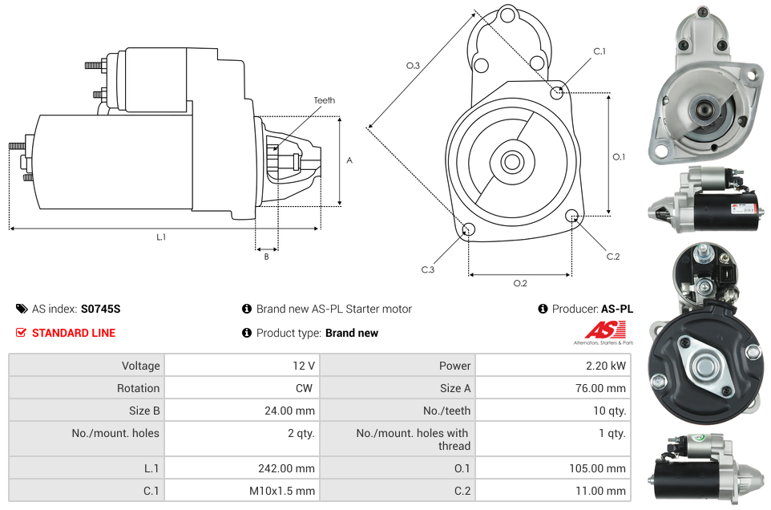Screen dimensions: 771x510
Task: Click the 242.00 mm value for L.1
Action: [286, 468]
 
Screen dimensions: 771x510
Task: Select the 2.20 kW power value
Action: [605, 366]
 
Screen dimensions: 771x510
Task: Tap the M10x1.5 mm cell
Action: [282, 491]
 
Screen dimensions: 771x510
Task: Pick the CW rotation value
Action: [304, 388]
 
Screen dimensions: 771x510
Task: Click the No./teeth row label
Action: [446, 411]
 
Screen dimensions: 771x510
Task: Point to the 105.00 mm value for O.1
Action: [597, 468]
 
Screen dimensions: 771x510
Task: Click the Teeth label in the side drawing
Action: [325, 100]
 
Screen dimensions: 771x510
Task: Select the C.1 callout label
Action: [599, 51]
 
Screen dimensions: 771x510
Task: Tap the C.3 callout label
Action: [428, 269]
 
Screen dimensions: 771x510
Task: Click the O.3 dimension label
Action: [413, 66]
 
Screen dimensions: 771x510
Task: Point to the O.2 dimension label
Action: [520, 283]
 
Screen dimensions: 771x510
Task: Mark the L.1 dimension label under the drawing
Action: [161, 237]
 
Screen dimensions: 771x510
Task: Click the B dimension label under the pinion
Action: [267, 257]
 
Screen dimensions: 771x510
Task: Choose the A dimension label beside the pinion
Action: [349, 160]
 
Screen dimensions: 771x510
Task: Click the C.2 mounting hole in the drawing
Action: [571, 216]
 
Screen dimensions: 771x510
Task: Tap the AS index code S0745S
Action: [101, 309]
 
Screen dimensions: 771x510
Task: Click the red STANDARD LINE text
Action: [74, 333]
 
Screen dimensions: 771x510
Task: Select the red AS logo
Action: [606, 330]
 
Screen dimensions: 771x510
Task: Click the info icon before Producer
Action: [543, 309]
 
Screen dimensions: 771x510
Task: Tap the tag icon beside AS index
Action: [22, 309]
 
